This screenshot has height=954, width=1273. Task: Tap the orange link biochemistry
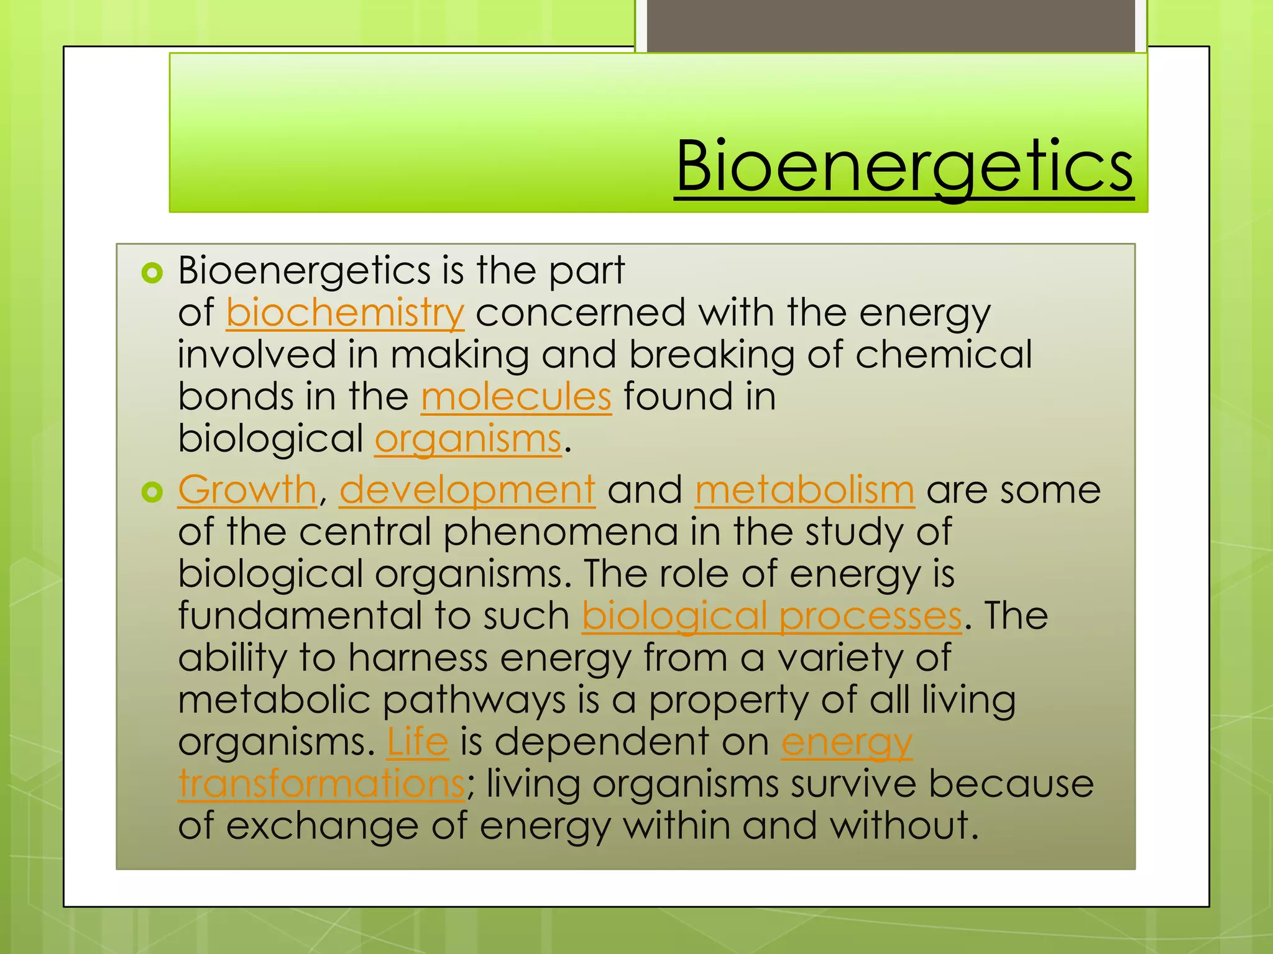coord(345,312)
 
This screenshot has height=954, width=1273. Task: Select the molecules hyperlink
coord(516,396)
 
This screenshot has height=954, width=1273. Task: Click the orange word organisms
coord(468,440)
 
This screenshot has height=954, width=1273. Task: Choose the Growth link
coord(247,490)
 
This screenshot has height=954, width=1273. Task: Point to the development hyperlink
coord(467,490)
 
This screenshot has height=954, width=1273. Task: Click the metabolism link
coord(804,490)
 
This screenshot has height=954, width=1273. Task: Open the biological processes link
coord(771,616)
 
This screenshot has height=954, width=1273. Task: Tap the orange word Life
coord(417,742)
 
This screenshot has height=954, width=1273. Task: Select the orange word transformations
coord(321,784)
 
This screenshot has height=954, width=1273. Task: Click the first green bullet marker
coord(152,272)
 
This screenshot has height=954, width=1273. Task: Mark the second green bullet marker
coord(152,492)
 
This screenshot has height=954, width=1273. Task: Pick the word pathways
coord(474,700)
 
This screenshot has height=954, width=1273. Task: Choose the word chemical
coord(944,355)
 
